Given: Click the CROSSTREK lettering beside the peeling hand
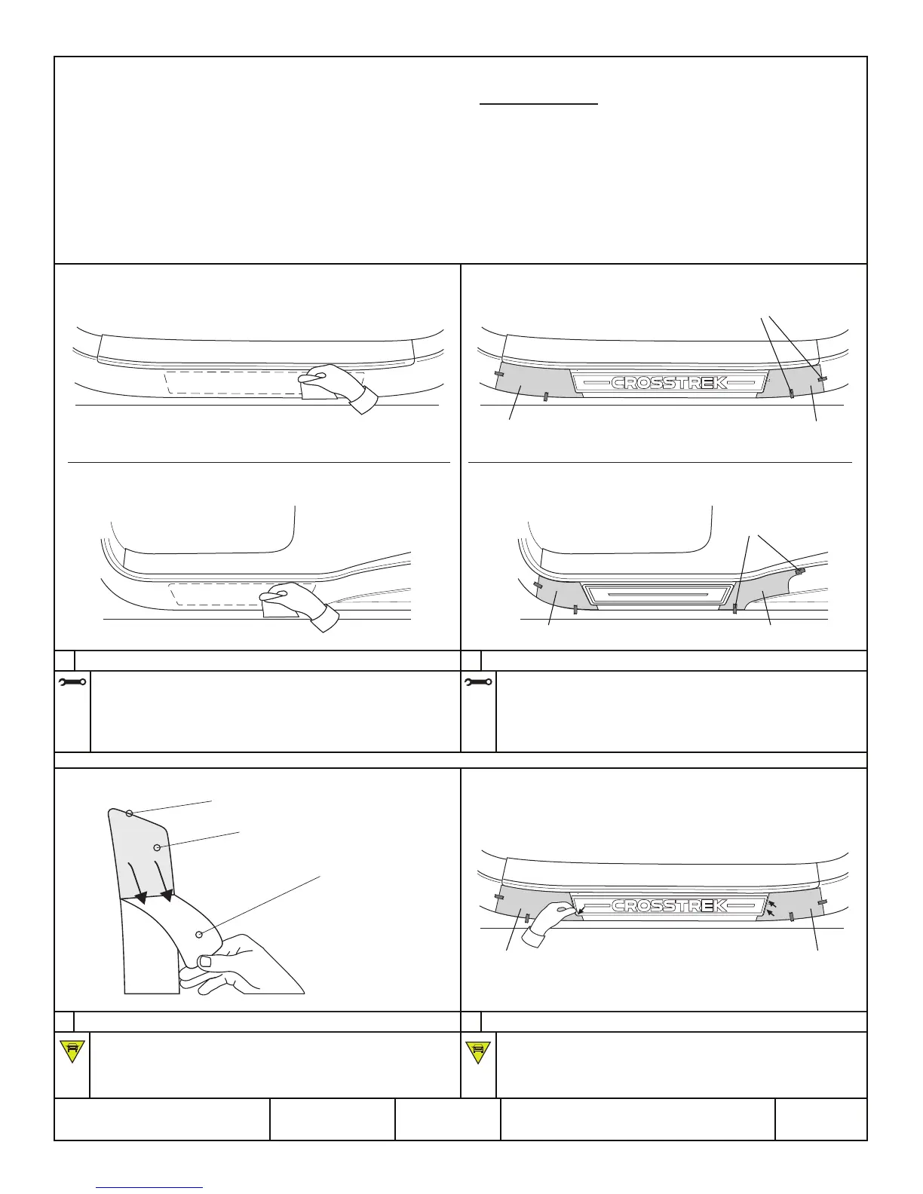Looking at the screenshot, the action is [669, 906].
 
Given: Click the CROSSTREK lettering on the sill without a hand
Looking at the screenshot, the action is [669, 382].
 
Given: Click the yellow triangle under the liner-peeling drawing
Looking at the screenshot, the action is [72, 1051].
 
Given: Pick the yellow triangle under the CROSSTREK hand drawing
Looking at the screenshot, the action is [478, 1051].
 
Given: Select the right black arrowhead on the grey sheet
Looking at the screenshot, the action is [167, 895].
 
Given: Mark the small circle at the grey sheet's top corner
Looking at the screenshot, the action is [129, 813].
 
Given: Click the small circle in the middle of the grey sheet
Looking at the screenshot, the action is [157, 847].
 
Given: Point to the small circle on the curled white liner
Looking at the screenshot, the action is [199, 935].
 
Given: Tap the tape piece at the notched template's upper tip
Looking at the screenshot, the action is [800, 571].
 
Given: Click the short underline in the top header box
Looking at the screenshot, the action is [539, 105].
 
